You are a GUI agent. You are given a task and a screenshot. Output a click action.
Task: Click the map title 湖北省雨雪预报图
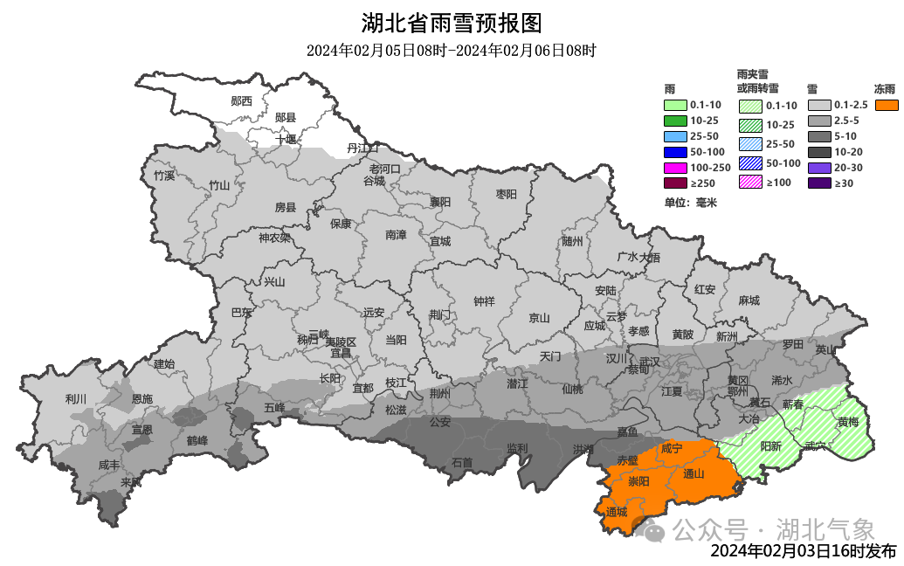pyautogui.click(x=451, y=23)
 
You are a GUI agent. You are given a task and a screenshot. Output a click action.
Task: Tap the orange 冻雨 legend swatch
pyautogui.click(x=887, y=105)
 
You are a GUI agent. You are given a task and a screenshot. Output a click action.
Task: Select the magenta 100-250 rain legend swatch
pyautogui.click(x=675, y=168)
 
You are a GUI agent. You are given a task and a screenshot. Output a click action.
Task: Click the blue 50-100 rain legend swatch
pyautogui.click(x=675, y=152)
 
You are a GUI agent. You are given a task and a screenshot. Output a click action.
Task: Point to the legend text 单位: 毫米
pyautogui.click(x=690, y=203)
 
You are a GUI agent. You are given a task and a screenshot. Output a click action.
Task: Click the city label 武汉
pyautogui.click(x=648, y=361)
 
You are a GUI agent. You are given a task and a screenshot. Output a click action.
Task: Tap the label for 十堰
pyautogui.click(x=286, y=139)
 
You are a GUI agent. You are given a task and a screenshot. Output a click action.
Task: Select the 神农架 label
pyautogui.click(x=274, y=238)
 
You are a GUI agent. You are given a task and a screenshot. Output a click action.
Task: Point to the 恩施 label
pyautogui.click(x=141, y=398)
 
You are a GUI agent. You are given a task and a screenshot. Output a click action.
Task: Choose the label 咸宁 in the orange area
pyautogui.click(x=671, y=448)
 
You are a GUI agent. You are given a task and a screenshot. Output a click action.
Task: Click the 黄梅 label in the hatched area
pyautogui.click(x=848, y=422)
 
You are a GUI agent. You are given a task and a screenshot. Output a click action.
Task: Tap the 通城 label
pyautogui.click(x=617, y=513)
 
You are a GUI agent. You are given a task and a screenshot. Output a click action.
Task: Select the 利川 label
pyautogui.click(x=76, y=399)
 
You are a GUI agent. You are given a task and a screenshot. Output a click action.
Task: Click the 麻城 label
pyautogui.click(x=749, y=300)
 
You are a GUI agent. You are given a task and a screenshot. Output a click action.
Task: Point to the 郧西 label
pyautogui.click(x=241, y=101)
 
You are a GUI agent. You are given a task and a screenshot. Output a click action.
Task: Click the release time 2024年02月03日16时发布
pyautogui.click(x=803, y=551)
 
